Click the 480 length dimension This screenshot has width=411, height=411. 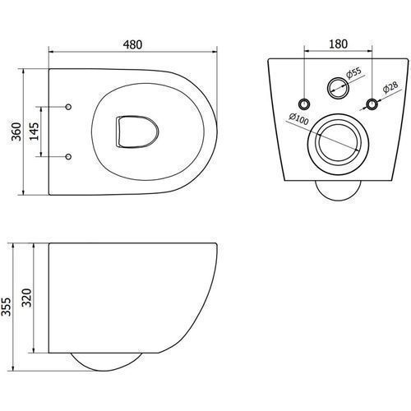[132, 44]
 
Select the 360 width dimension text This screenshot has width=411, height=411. [16, 132]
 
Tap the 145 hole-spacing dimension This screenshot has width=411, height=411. [35, 132]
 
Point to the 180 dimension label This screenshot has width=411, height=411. [338, 44]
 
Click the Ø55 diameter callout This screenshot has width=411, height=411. [353, 73]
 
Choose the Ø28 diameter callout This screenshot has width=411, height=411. [390, 87]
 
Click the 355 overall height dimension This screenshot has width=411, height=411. [6, 307]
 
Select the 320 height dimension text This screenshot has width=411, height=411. [26, 298]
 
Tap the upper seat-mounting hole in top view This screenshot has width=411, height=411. [68, 107]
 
